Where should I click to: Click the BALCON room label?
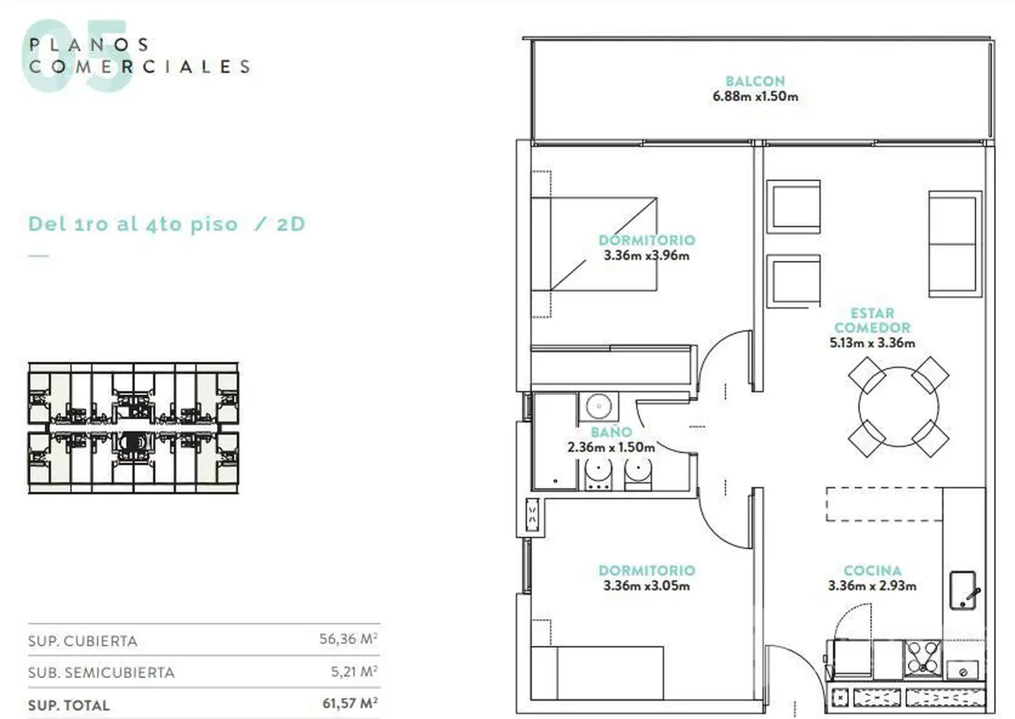[755, 81]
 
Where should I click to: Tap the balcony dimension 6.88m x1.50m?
[755, 96]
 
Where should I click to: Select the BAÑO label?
[611, 432]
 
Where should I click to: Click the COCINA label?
[872, 571]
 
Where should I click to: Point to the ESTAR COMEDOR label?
[872, 320]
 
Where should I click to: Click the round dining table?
[898, 407]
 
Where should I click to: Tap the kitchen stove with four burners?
[922, 658]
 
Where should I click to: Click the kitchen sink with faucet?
[963, 591]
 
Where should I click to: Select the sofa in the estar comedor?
[955, 244]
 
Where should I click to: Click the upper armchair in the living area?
[793, 207]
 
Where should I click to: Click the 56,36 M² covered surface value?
[348, 639]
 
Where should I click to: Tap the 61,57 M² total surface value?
[350, 704]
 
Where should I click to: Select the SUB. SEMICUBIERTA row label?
[101, 672]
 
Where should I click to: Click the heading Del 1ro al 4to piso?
[133, 224]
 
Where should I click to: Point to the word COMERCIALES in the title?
[140, 67]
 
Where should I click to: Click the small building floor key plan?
[133, 428]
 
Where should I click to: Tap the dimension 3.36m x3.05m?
[647, 586]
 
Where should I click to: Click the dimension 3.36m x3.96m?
[647, 255]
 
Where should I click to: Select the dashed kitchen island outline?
[884, 504]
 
